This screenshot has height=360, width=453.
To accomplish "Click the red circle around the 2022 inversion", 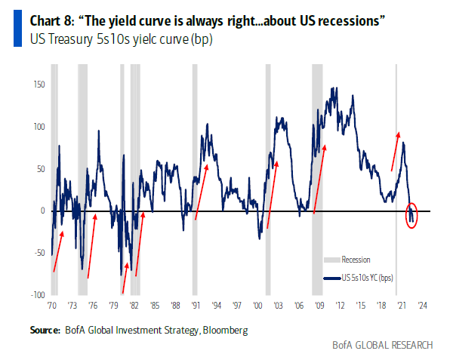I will point(411,216).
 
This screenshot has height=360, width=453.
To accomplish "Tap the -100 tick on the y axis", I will point(35,295).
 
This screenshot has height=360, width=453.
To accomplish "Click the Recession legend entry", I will point(356,260).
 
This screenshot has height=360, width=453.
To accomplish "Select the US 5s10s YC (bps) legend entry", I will point(367,278).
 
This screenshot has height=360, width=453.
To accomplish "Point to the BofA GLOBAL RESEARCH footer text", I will point(383,345).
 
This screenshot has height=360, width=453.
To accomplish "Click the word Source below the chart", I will point(45,330).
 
